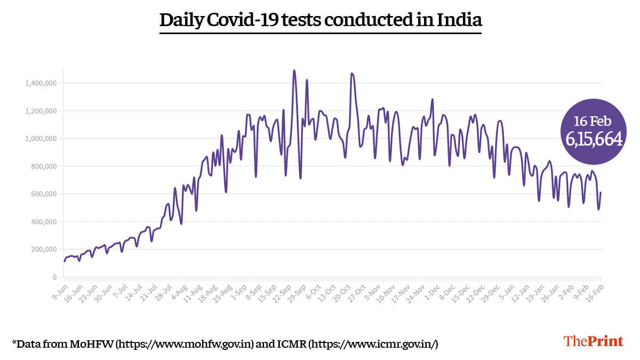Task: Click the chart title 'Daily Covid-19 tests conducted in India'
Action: pyautogui.click(x=321, y=20)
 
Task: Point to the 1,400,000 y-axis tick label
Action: pyautogui.click(x=41, y=83)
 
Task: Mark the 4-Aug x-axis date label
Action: pyautogui.click(x=179, y=291)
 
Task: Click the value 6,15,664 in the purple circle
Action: pyautogui.click(x=594, y=139)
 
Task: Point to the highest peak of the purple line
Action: pyautogui.click(x=294, y=70)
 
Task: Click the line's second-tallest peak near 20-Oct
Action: pyautogui.click(x=351, y=74)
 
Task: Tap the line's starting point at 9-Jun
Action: pyautogui.click(x=64, y=261)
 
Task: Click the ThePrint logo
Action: pyautogui.click(x=593, y=341)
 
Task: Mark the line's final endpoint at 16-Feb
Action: pyautogui.click(x=601, y=193)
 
